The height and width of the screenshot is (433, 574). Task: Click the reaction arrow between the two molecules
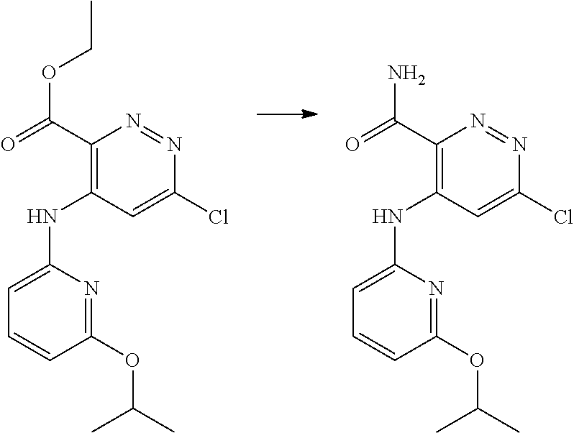click(x=288, y=114)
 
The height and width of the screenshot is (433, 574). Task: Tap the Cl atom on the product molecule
click(x=559, y=216)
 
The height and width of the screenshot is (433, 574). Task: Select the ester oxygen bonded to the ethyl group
click(x=49, y=74)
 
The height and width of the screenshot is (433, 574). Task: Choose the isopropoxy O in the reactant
click(x=132, y=360)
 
